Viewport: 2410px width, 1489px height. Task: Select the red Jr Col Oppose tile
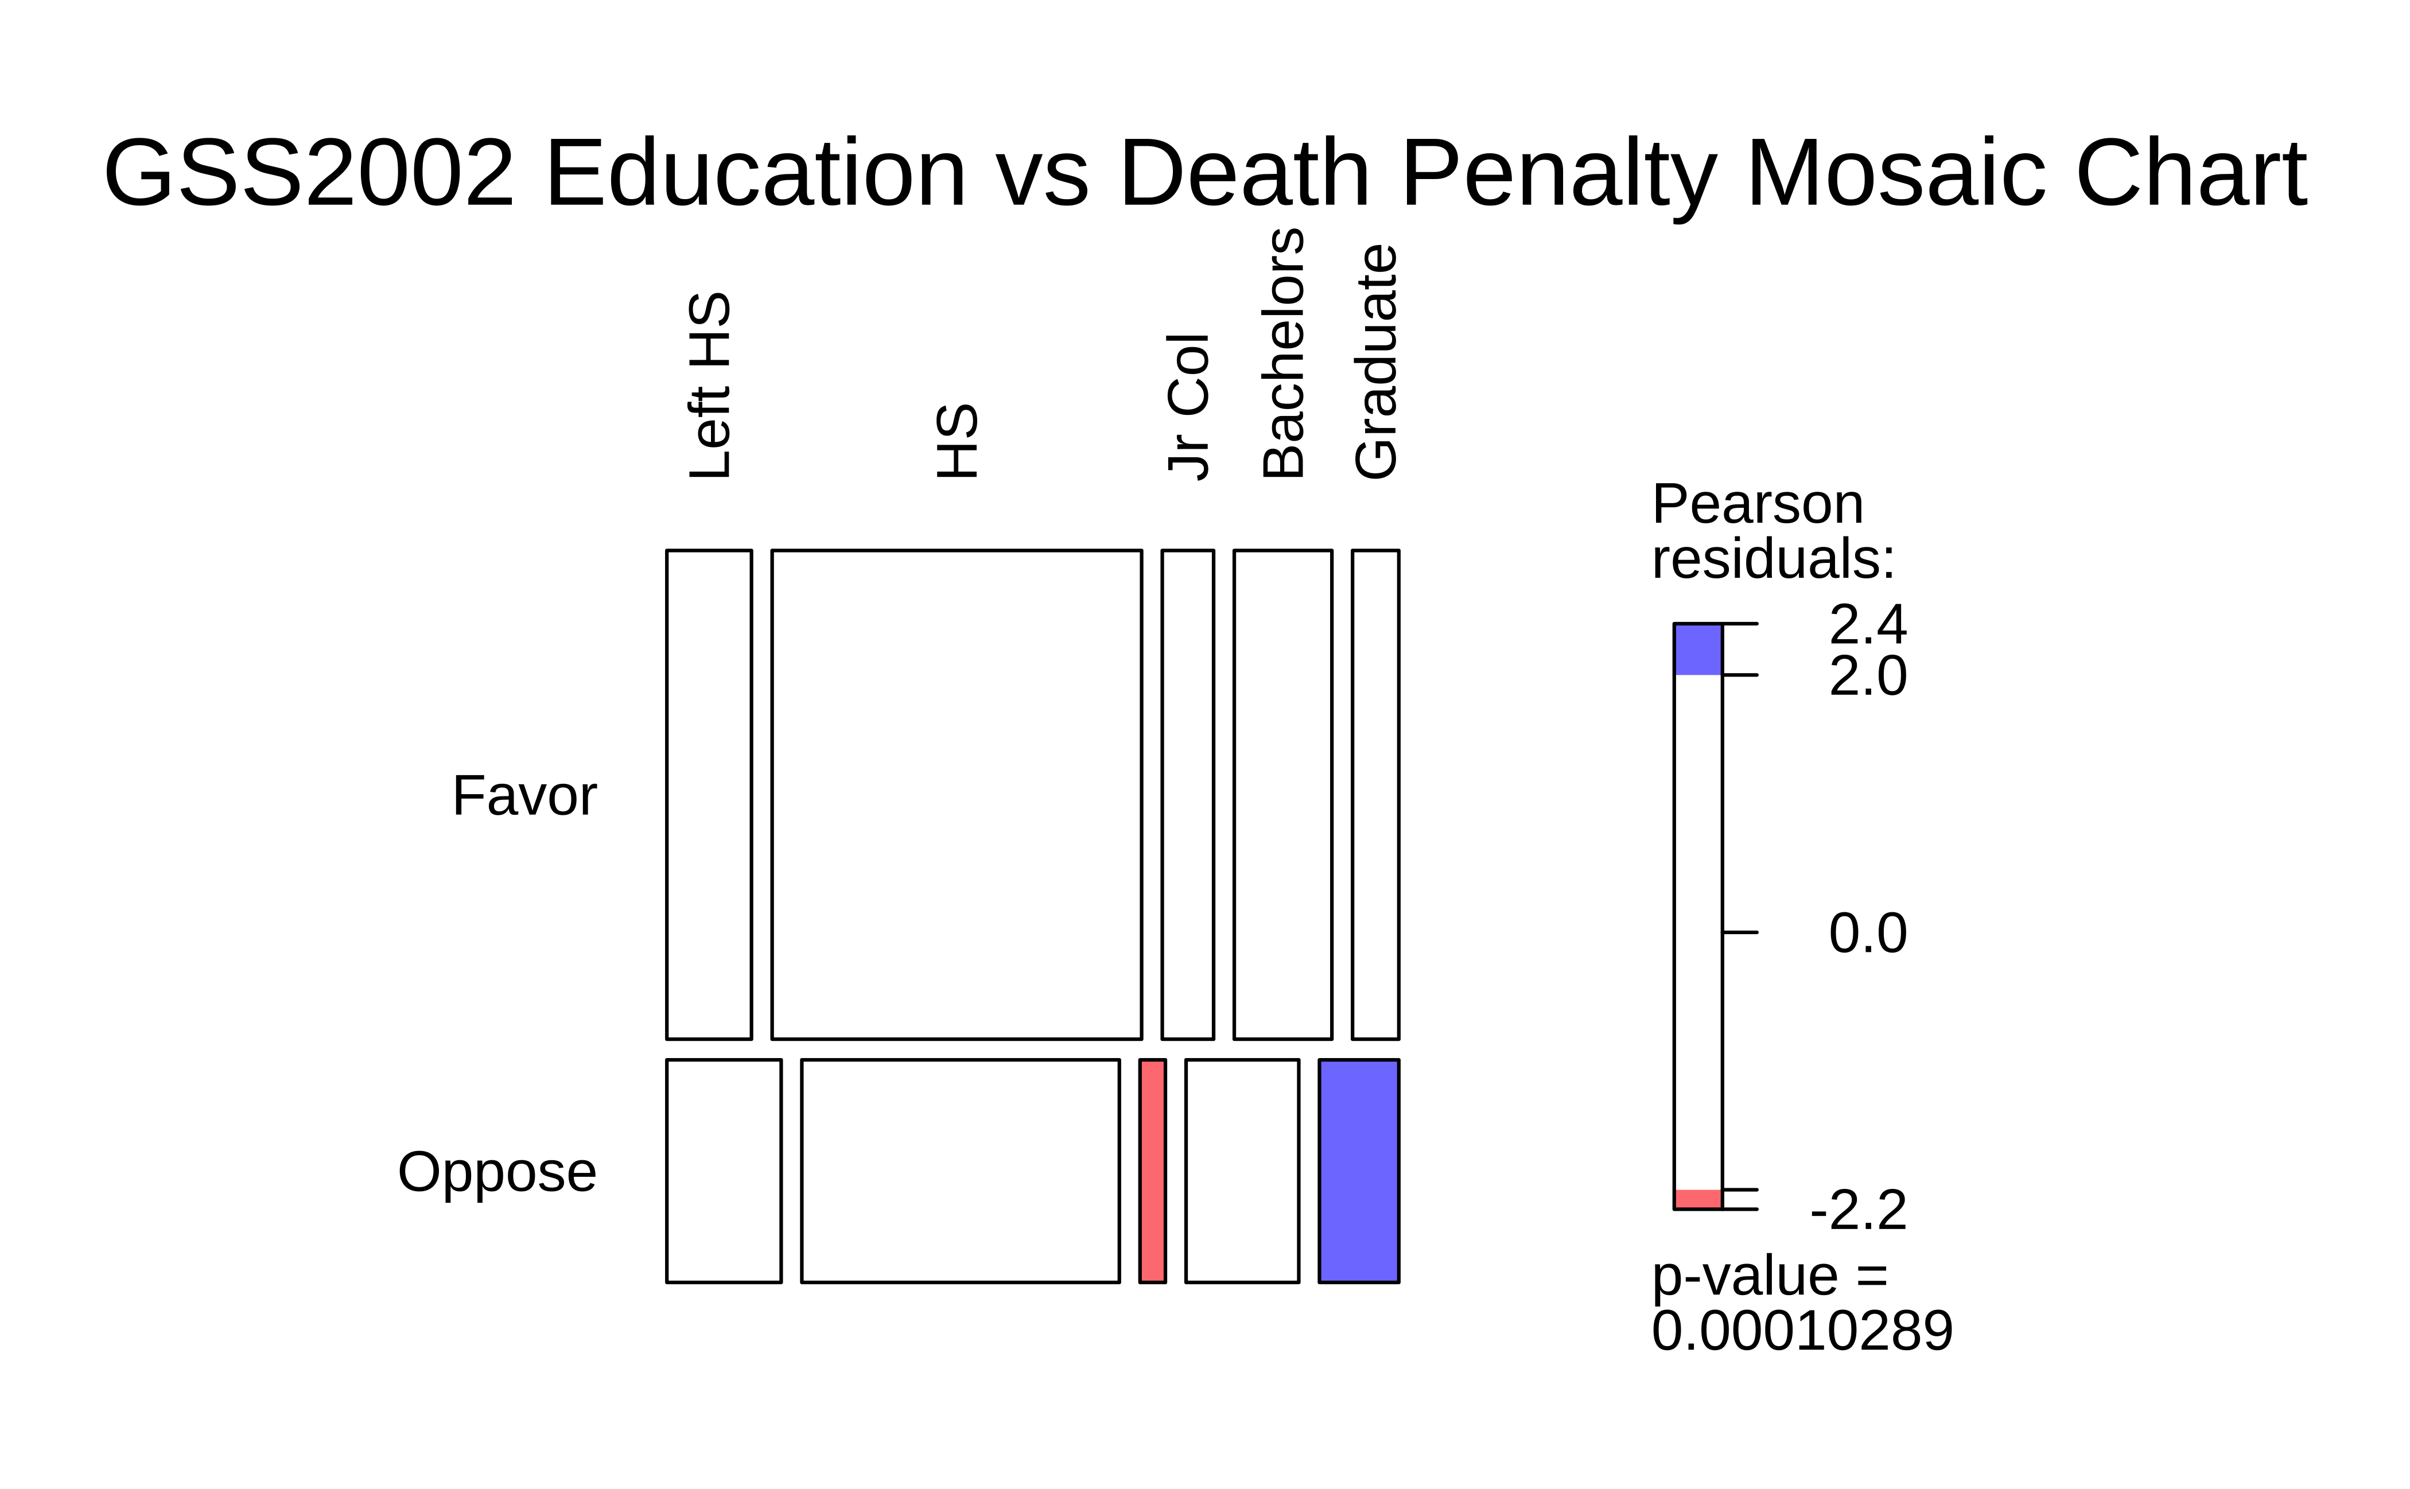click(x=1152, y=1171)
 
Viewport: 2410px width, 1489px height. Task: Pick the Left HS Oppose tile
click(x=724, y=1171)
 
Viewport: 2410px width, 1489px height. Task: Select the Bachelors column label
click(x=1283, y=352)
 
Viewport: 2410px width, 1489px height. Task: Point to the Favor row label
click(x=524, y=796)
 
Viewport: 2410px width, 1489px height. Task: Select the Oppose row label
click(x=497, y=1172)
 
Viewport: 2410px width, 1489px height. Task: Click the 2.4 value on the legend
click(x=1867, y=624)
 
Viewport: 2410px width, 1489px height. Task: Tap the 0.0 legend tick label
click(x=1867, y=932)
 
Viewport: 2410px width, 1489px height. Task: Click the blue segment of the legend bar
click(x=1698, y=649)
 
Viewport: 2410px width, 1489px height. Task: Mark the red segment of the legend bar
click(x=1698, y=1199)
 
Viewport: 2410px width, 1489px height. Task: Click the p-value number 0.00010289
click(x=1801, y=1331)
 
